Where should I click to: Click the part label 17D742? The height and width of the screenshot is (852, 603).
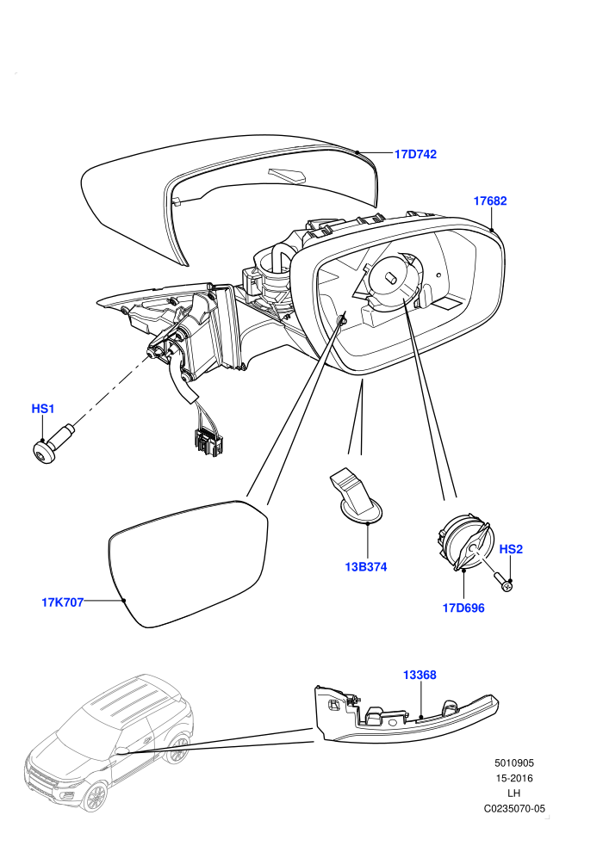pyautogui.click(x=415, y=154)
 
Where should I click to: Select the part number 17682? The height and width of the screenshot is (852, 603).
pyautogui.click(x=490, y=201)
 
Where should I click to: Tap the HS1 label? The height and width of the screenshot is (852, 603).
pyautogui.click(x=43, y=409)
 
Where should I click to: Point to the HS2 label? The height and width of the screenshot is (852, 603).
pyautogui.click(x=511, y=549)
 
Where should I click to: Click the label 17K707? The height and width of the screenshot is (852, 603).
pyautogui.click(x=63, y=602)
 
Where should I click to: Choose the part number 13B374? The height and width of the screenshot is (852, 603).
pyautogui.click(x=366, y=567)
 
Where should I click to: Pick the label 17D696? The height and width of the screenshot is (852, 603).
pyautogui.click(x=463, y=608)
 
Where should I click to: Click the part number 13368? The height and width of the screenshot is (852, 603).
pyautogui.click(x=420, y=675)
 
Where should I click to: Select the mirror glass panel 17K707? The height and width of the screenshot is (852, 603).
pyautogui.click(x=188, y=564)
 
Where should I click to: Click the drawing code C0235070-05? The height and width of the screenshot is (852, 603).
pyautogui.click(x=513, y=808)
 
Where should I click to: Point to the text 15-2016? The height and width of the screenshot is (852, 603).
pyautogui.click(x=513, y=778)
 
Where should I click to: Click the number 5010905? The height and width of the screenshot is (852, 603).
pyautogui.click(x=513, y=762)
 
